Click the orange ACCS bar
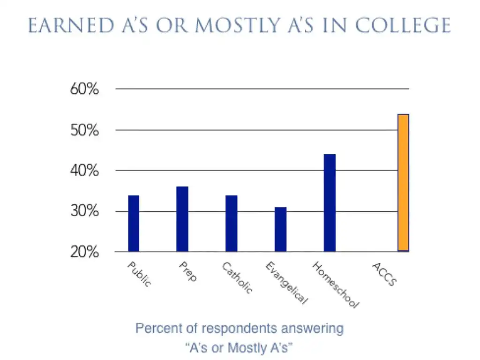(x=403, y=183)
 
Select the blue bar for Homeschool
(x=330, y=202)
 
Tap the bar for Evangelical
(x=280, y=229)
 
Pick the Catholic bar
(x=231, y=223)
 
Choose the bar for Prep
(x=182, y=219)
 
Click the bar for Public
(x=134, y=223)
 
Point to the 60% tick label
(x=85, y=89)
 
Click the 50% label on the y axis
(x=85, y=130)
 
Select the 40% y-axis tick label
(x=85, y=171)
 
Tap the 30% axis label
(x=85, y=211)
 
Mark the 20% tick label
(x=85, y=252)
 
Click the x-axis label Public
(x=139, y=275)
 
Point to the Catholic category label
(x=237, y=277)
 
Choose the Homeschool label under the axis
(x=336, y=285)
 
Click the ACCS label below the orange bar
(x=384, y=274)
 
